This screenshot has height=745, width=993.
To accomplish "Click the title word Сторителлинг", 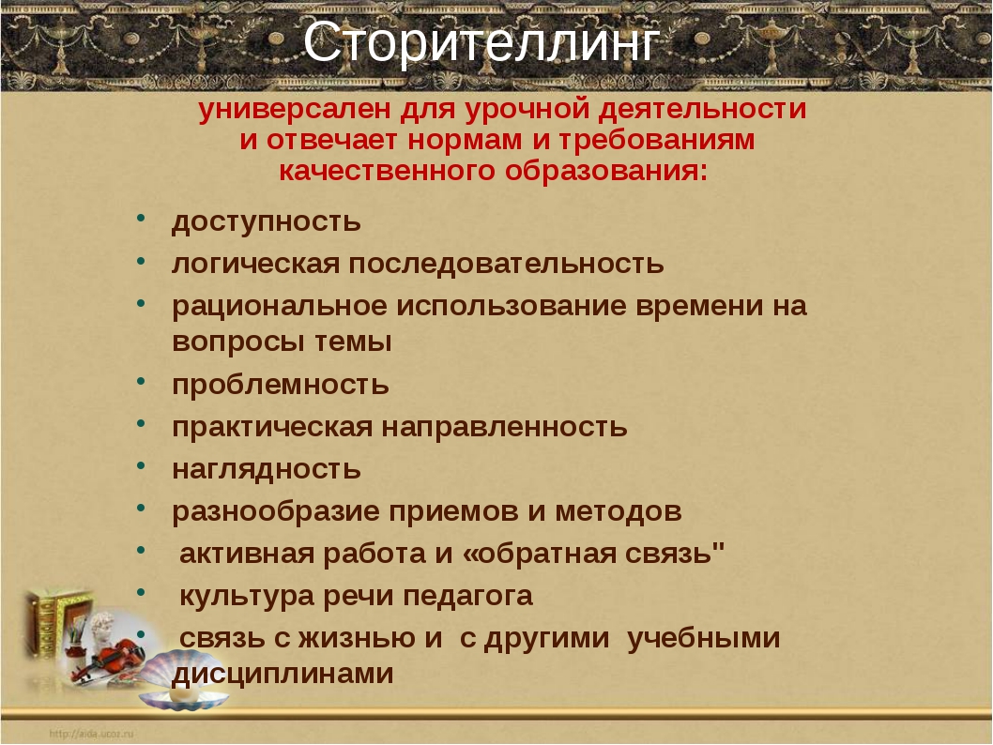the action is coord(481,42).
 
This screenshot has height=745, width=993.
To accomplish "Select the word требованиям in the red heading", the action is coord(656,140).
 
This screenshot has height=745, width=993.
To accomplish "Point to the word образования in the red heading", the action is coord(606,171).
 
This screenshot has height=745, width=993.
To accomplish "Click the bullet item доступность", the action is coord(266,222).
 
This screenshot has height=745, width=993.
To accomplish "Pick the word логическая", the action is coord(256,264).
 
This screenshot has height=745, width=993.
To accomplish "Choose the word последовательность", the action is coord(506,264).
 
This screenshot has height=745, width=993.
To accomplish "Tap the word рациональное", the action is coord(280,307).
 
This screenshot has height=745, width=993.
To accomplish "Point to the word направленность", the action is coord(504,427).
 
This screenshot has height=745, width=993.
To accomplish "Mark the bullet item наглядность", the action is coord(266,470).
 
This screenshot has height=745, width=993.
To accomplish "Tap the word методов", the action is coord(619,511).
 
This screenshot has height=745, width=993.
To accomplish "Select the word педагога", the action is coord(468,596).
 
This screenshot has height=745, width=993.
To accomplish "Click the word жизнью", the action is coord(358,638).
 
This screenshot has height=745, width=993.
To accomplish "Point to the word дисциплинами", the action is coord(283,674).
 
